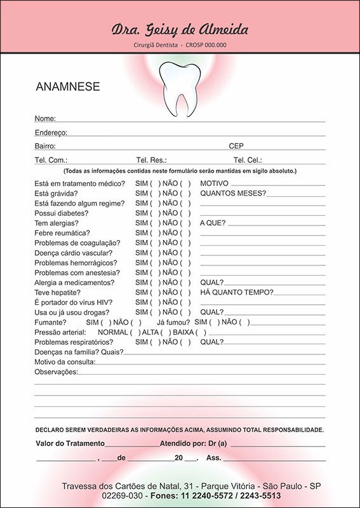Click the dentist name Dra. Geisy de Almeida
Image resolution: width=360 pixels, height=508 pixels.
(180, 29)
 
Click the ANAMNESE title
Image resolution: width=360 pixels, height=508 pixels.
(68, 87)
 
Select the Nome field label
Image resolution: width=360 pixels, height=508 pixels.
(45, 119)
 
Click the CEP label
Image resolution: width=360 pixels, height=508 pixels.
(236, 146)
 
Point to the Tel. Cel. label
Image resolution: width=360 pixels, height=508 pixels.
(248, 161)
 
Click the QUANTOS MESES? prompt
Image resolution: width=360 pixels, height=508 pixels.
(233, 193)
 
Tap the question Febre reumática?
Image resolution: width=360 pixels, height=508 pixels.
(62, 233)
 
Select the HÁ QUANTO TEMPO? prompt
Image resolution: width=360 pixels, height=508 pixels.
(236, 292)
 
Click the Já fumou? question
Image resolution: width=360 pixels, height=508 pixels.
(173, 322)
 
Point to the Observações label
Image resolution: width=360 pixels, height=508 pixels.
(56, 371)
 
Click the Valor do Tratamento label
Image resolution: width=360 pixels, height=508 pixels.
(70, 443)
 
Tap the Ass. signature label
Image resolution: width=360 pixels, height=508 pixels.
(214, 458)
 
